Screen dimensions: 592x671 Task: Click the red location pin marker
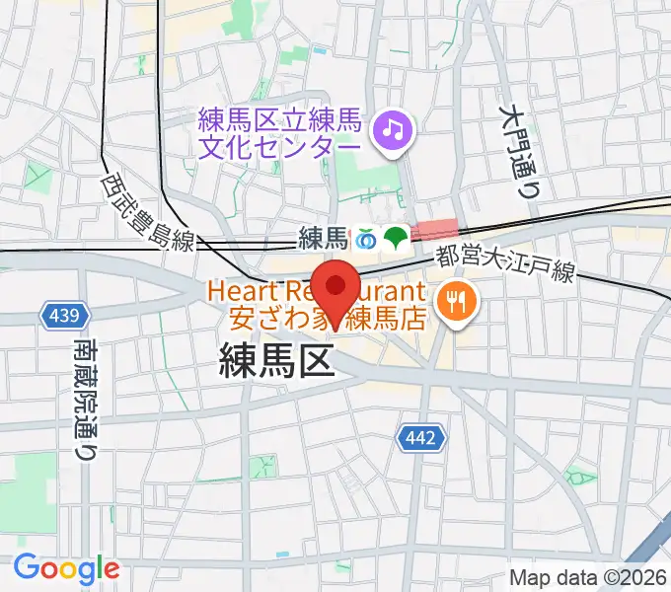click(x=337, y=288)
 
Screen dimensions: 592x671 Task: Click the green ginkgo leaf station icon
click(x=397, y=237)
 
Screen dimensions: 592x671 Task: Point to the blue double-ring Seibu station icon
click(x=368, y=237)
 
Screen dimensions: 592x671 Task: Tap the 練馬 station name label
click(x=324, y=238)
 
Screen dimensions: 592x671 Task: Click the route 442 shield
click(x=422, y=436)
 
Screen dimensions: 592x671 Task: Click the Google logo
click(x=66, y=568)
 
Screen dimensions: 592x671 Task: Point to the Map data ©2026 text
click(x=587, y=577)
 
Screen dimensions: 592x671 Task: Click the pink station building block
click(x=434, y=230)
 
